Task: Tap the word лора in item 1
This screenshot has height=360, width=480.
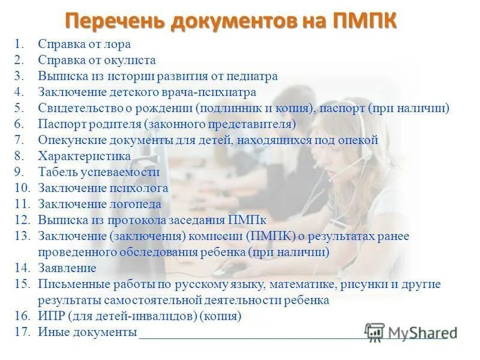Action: click(x=118, y=44)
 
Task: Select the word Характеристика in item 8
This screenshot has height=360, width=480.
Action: click(x=85, y=157)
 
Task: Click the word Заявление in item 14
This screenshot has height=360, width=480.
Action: click(x=67, y=268)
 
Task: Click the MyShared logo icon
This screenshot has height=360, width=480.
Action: click(x=375, y=332)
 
